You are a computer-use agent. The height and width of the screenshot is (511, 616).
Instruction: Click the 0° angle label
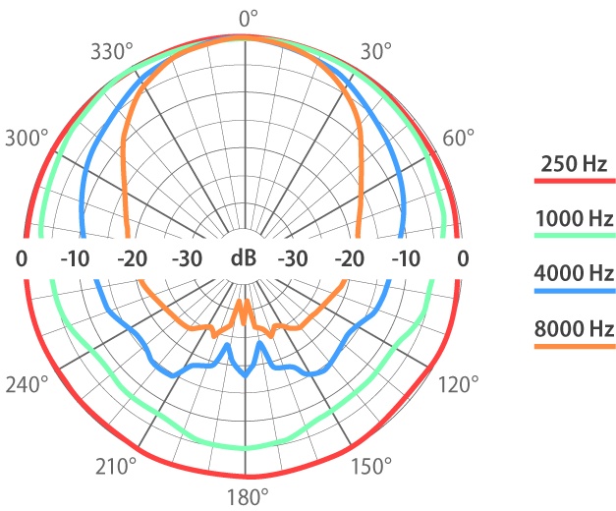[x=247, y=17]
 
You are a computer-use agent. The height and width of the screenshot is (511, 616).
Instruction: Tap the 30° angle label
[x=377, y=50]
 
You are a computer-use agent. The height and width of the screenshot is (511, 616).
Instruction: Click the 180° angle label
[x=246, y=495]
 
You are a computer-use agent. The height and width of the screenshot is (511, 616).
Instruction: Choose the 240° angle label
[x=27, y=383]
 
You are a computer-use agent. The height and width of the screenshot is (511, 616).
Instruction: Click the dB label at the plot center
[x=245, y=258]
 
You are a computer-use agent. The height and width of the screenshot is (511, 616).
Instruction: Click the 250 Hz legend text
[x=575, y=163]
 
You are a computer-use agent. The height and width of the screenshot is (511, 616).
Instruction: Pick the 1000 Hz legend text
[x=575, y=218]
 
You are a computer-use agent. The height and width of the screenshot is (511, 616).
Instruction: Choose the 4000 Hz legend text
[x=575, y=272]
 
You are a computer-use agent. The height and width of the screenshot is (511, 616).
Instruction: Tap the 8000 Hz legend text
[x=575, y=327]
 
